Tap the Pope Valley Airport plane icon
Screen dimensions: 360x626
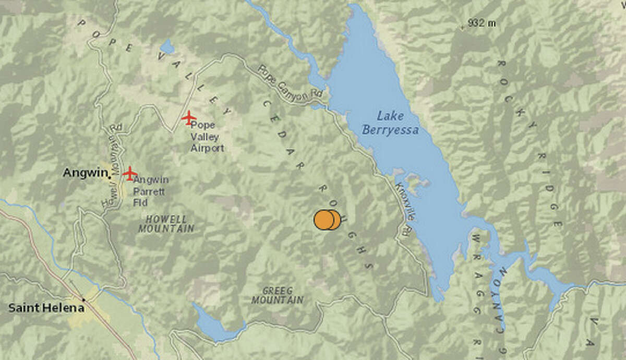(189, 117)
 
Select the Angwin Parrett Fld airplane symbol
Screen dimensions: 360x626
(130, 173)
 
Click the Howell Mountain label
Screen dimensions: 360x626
(166, 224)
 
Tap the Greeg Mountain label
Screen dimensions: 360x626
(277, 295)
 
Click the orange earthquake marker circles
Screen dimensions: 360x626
(327, 220)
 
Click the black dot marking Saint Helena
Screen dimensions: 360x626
(83, 299)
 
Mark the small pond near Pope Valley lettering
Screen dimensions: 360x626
(167, 47)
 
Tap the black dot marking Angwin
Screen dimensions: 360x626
(110, 177)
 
